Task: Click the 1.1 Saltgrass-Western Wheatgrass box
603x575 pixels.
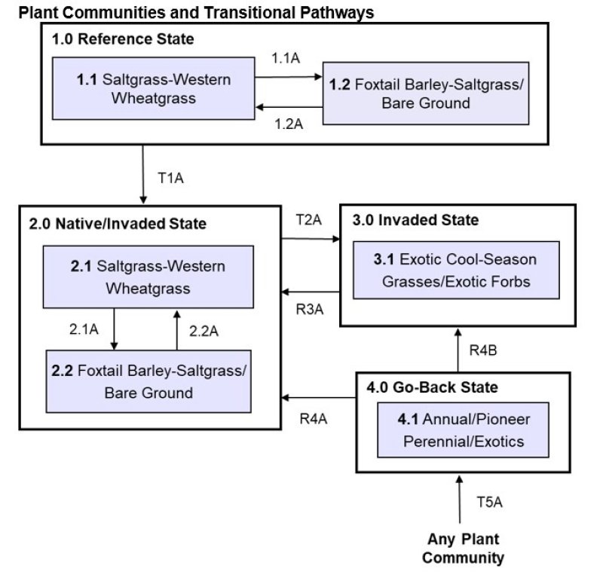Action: tap(153, 88)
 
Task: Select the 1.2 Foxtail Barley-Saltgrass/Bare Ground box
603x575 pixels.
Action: tap(425, 93)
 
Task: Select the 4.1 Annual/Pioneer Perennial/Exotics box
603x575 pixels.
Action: tap(463, 430)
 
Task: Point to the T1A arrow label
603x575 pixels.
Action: tap(171, 179)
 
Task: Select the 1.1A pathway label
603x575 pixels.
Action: tap(286, 58)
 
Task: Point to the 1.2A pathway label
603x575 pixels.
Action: tap(286, 124)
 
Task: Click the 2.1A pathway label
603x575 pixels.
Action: tap(84, 329)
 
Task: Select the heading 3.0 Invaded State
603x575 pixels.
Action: tap(415, 220)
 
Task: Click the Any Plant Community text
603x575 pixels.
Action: tap(463, 549)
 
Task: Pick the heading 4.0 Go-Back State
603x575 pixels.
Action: tap(432, 387)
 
